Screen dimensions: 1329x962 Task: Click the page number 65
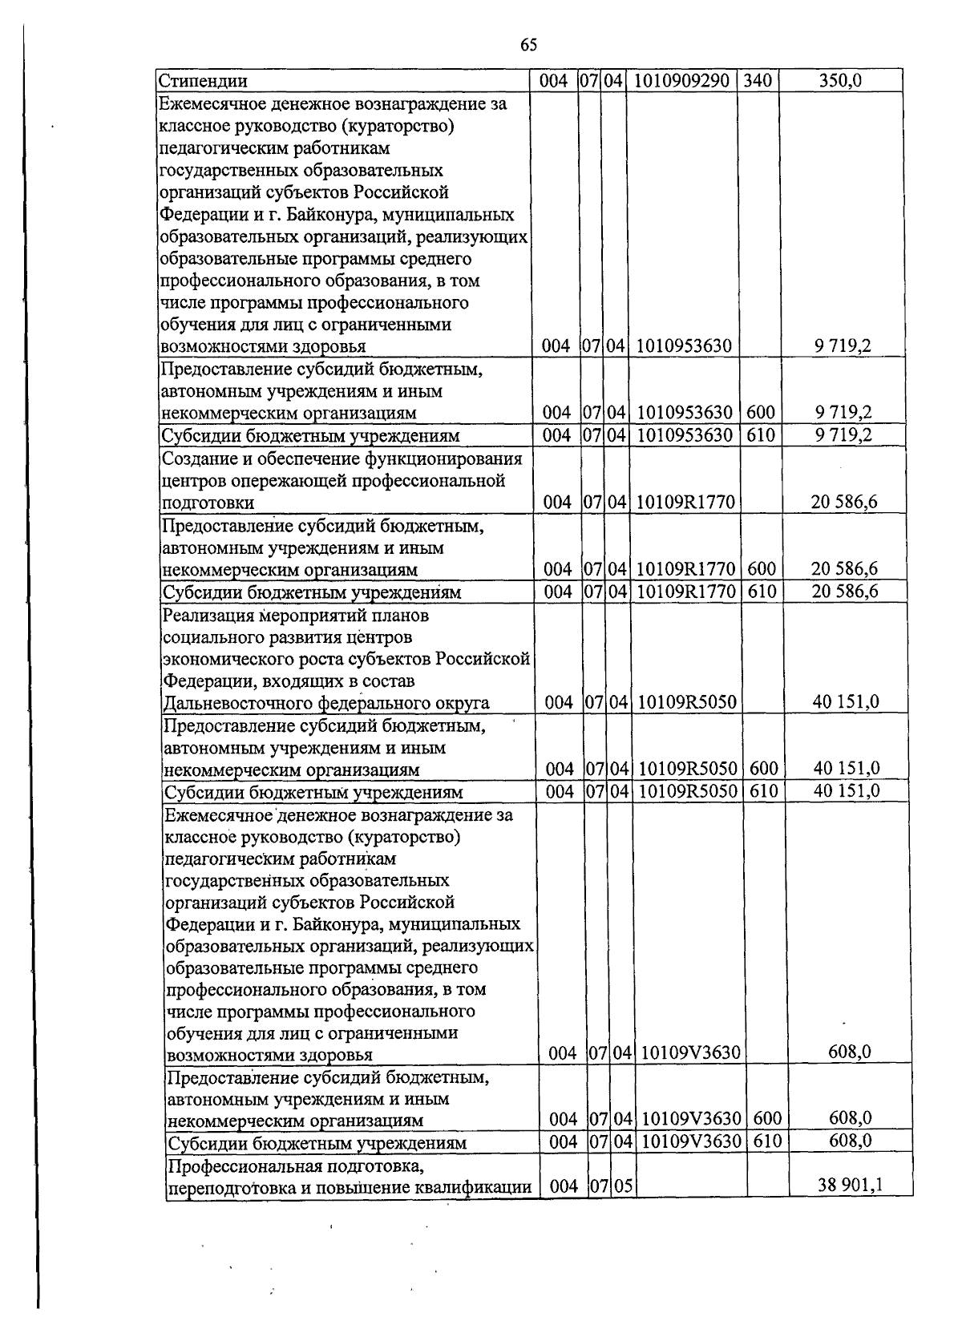(528, 45)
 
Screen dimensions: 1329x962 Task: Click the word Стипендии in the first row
(202, 81)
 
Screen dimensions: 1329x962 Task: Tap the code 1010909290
(681, 80)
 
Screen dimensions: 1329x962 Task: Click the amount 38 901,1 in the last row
(850, 1185)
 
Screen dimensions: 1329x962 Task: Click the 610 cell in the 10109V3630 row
(767, 1141)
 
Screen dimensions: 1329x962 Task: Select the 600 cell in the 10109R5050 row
(764, 769)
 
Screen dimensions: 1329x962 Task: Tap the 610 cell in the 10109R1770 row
(761, 592)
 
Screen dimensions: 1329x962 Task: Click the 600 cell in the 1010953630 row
(760, 413)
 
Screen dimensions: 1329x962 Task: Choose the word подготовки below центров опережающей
(208, 503)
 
